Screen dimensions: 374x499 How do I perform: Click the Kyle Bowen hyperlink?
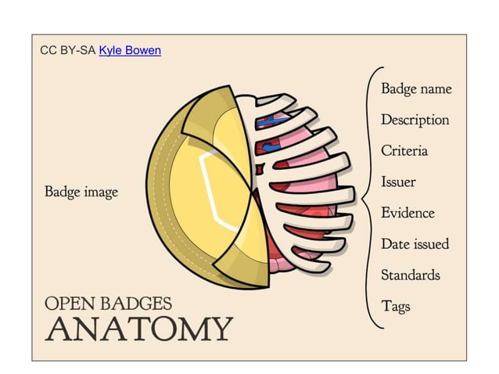[x=130, y=50]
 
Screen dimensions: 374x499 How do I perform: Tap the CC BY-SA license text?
[x=68, y=50]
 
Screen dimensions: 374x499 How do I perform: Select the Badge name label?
[x=416, y=88]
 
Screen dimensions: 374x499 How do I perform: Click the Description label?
[x=415, y=120]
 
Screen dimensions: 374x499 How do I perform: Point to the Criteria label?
[x=404, y=151]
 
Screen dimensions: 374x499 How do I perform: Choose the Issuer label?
[x=398, y=182]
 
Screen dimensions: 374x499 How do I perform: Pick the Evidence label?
[x=407, y=213]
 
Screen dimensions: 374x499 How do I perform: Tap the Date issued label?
[x=415, y=244]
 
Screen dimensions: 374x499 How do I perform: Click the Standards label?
[x=410, y=275]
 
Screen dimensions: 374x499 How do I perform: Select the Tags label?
[x=395, y=306]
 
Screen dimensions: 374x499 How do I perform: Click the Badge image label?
[x=81, y=191]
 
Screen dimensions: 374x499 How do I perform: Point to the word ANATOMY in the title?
[x=139, y=329]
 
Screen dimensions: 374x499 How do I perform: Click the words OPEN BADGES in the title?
[x=109, y=304]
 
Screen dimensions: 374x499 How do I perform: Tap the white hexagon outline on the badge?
[x=205, y=180]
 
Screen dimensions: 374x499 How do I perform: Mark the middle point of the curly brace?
[x=361, y=199]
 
